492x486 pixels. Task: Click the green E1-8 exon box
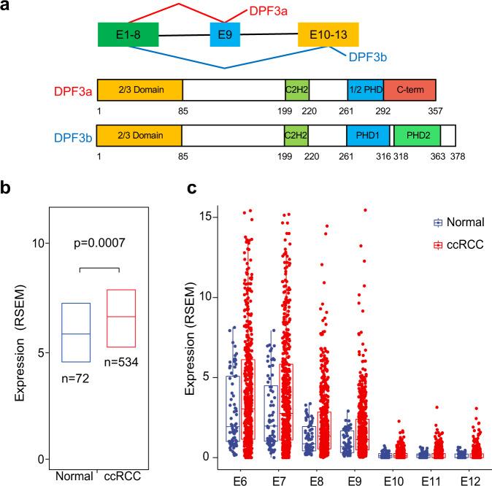(128, 35)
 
